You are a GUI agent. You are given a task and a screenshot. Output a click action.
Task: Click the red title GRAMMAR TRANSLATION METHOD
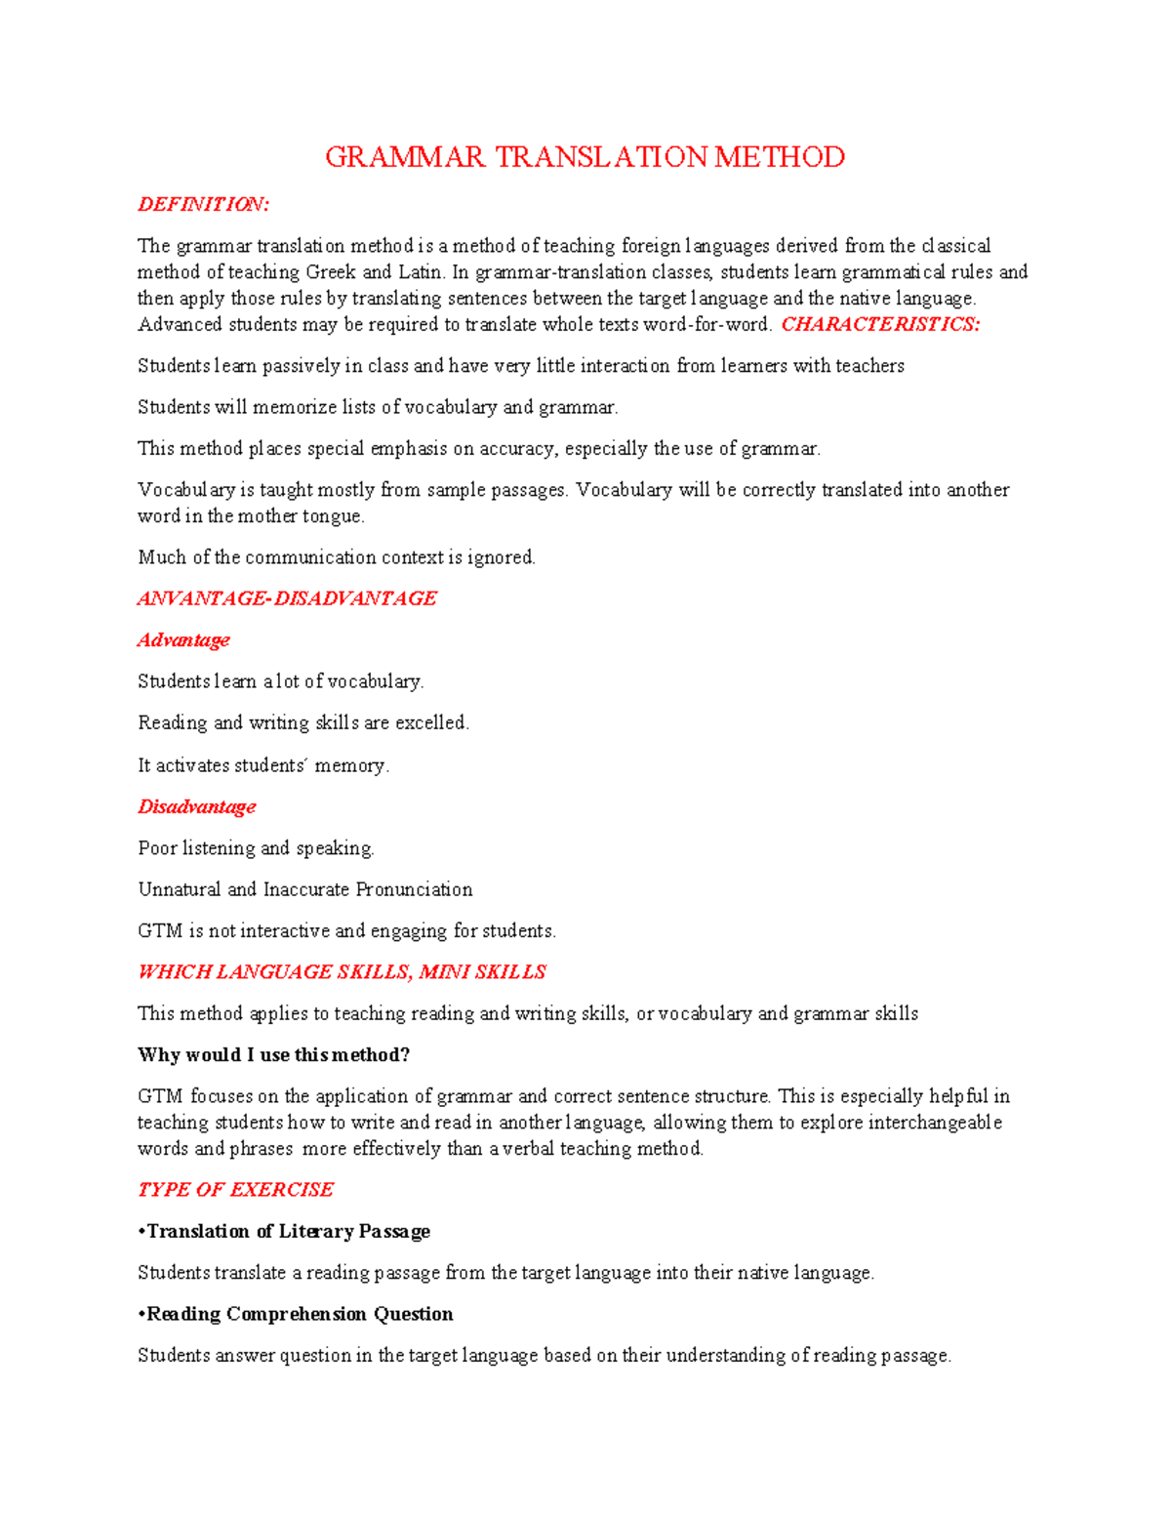585,157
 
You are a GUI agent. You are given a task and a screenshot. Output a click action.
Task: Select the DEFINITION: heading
203,204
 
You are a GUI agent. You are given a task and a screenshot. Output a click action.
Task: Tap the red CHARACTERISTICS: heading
880,325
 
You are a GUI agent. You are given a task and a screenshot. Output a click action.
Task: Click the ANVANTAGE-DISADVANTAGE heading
287,598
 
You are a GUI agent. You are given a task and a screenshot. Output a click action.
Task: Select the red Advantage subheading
183,640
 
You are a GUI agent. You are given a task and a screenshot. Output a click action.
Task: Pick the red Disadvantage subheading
196,807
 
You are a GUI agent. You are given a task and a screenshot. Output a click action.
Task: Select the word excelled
431,723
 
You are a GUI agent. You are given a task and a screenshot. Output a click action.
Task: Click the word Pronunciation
414,889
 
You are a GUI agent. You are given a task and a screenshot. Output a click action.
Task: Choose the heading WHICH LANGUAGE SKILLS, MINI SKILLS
342,972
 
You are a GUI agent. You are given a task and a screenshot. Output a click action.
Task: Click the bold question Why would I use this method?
274,1055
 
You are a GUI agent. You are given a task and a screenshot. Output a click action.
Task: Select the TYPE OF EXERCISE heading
235,1190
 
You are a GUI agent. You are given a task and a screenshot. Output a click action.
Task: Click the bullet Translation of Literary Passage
285,1232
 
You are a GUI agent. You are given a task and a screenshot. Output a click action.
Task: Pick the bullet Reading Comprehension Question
296,1314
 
